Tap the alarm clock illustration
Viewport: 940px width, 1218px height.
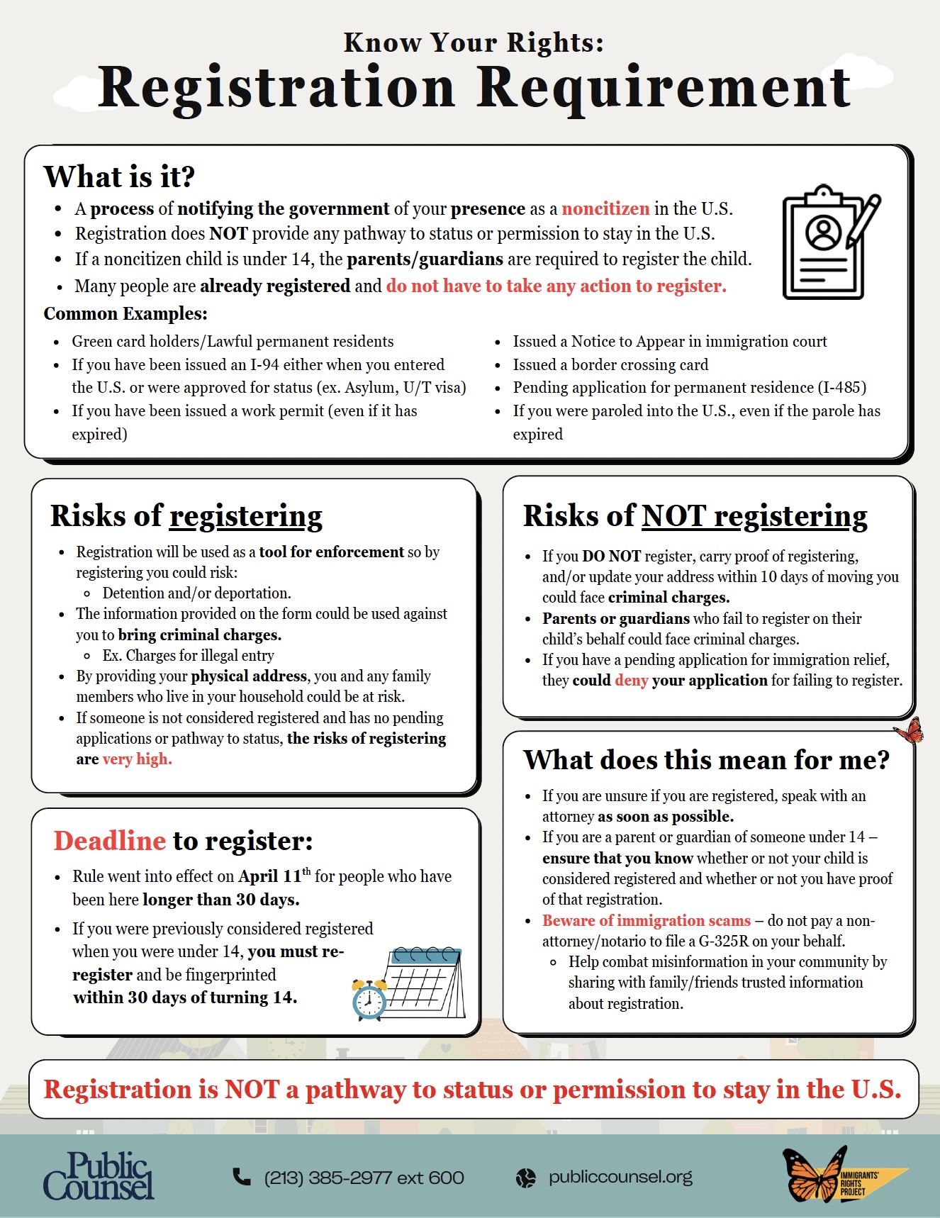pyautogui.click(x=369, y=999)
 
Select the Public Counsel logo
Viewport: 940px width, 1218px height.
pyautogui.click(x=99, y=1176)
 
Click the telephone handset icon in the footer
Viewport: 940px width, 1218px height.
pyautogui.click(x=242, y=1177)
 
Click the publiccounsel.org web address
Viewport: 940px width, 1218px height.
pyautogui.click(x=620, y=1177)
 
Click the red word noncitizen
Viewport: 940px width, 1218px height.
pyautogui.click(x=605, y=208)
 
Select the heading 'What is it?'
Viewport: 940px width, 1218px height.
pyautogui.click(x=119, y=177)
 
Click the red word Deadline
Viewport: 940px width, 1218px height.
pyautogui.click(x=110, y=841)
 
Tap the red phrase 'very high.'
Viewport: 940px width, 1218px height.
pyautogui.click(x=138, y=759)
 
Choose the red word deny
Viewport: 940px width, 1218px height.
pyautogui.click(x=631, y=681)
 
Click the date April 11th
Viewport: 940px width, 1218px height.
pyautogui.click(x=274, y=876)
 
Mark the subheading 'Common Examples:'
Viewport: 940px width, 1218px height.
pyautogui.click(x=125, y=313)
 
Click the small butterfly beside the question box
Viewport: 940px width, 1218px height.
pyautogui.click(x=909, y=731)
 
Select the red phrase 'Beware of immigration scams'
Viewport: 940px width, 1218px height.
pyautogui.click(x=646, y=920)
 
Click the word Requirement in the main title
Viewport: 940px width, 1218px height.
pyautogui.click(x=663, y=88)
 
